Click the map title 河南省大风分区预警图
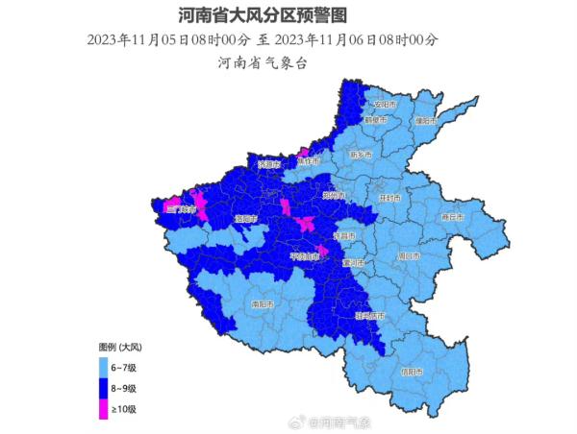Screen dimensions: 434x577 click(262, 16)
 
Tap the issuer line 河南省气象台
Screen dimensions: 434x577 click(262, 63)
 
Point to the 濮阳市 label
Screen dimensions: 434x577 click(426, 122)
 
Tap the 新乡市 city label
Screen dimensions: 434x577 click(360, 155)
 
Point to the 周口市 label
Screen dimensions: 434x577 click(408, 256)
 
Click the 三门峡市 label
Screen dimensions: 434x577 click(180, 208)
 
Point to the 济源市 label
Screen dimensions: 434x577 click(268, 165)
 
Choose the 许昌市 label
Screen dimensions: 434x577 click(343, 235)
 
